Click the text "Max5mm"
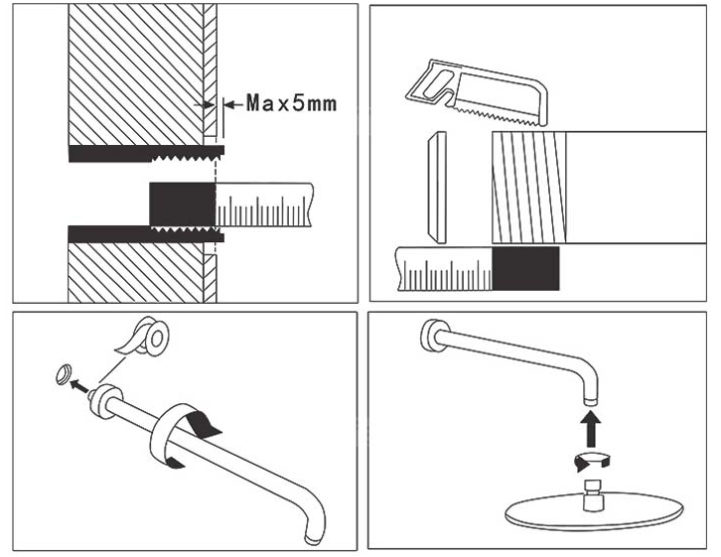292,102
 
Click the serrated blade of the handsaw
497,112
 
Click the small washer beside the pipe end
64,373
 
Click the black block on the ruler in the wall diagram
182,206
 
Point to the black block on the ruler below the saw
526,269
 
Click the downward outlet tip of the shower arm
589,396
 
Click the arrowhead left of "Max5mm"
230,102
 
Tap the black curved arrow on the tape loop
211,425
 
